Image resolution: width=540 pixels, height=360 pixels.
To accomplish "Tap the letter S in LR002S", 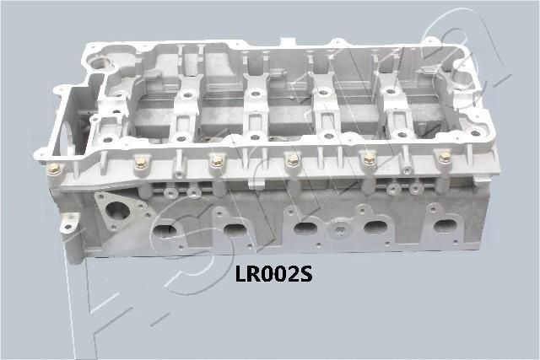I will click(x=306, y=273).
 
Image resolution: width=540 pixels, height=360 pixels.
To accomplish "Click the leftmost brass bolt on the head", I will click(x=55, y=168).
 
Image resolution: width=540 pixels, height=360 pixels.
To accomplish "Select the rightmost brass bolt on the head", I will click(x=445, y=156).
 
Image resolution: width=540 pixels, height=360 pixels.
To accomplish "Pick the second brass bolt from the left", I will click(x=141, y=163).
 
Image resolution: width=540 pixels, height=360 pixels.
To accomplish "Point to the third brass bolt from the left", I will click(x=217, y=160).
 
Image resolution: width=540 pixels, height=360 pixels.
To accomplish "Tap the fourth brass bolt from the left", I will click(x=293, y=158).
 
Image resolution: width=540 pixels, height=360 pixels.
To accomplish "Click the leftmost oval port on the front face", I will click(x=166, y=230).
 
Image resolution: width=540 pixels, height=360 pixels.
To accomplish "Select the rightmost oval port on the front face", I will click(x=444, y=225).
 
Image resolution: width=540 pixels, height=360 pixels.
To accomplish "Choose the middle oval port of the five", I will click(x=305, y=228).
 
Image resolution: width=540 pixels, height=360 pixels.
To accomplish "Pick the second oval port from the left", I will click(x=234, y=230).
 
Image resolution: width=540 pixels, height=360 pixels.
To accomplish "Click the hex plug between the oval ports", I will click(x=339, y=228).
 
